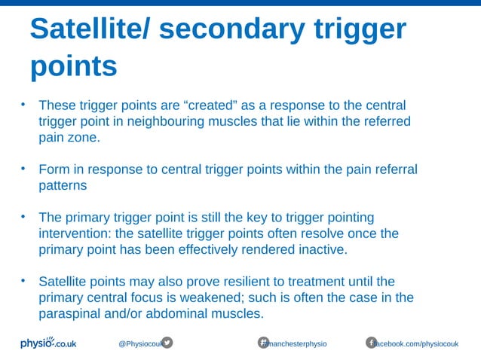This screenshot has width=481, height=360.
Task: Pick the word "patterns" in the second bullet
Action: pos(63,185)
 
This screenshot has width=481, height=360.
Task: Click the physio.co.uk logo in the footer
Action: pos(48,343)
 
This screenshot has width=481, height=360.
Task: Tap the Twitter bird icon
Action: pos(167,343)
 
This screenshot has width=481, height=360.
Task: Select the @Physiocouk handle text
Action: pos(139,343)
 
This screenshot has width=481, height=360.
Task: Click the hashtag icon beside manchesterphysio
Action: pos(264,343)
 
